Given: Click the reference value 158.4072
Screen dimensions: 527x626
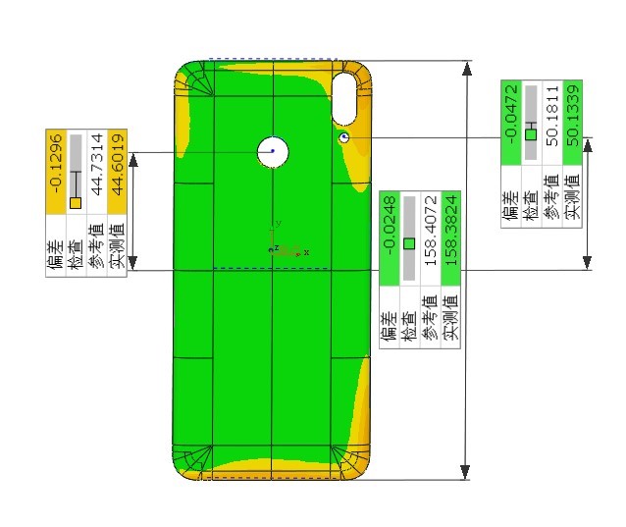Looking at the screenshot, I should coord(431,231).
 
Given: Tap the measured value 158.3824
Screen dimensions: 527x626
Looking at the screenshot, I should coord(451,231).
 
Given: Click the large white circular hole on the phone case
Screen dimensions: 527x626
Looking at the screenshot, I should coord(273,151).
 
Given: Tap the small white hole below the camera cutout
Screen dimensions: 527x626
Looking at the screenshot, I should coord(344,138).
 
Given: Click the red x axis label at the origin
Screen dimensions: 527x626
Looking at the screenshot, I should coord(306,252).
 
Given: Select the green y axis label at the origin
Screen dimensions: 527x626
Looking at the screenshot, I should coord(279,224).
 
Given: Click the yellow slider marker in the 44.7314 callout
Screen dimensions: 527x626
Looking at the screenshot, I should coord(76,202).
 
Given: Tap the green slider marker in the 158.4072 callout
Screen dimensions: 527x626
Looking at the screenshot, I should coord(409,242).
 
